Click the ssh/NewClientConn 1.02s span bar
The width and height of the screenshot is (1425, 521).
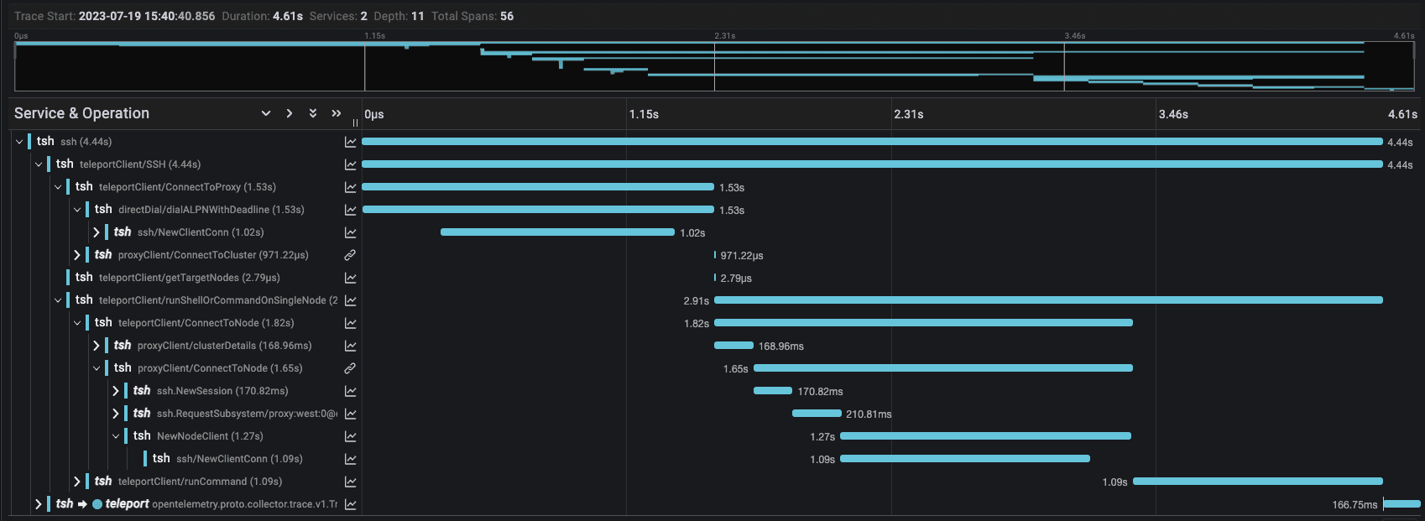click(x=557, y=232)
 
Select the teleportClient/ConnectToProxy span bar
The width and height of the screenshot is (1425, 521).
click(x=537, y=187)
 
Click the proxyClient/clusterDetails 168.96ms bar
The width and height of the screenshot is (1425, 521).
click(x=733, y=346)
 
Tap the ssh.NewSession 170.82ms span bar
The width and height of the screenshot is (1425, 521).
click(x=772, y=391)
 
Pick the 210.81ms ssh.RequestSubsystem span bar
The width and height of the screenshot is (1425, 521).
click(x=817, y=414)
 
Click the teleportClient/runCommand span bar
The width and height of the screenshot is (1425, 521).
click(x=1257, y=482)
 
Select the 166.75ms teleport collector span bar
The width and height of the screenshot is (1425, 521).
click(x=1402, y=504)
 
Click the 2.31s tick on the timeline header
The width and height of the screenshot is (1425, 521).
click(x=909, y=114)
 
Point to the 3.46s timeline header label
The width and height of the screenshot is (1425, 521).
click(x=1173, y=114)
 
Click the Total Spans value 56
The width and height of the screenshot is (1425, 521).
click(x=507, y=16)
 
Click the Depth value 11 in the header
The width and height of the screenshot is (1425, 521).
click(x=417, y=16)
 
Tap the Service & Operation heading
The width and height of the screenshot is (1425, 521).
click(x=81, y=113)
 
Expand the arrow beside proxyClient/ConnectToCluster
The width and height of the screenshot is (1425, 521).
click(x=77, y=255)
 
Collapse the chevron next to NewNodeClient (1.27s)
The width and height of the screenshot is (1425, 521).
click(x=116, y=436)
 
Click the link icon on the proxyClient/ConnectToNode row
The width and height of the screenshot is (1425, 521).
click(x=350, y=368)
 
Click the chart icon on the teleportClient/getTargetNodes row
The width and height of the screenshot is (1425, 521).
click(x=350, y=278)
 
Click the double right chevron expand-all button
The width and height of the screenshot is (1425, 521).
click(x=337, y=113)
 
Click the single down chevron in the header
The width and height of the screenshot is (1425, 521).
click(x=266, y=113)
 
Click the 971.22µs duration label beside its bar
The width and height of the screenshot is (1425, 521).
click(x=741, y=255)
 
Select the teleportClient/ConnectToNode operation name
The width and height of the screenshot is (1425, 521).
click(x=206, y=323)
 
